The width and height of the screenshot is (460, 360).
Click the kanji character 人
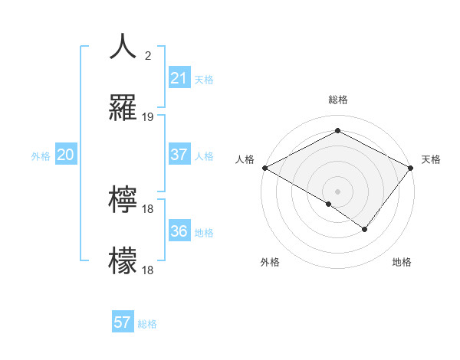(x=123, y=47)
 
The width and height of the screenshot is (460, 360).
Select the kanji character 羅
(x=123, y=109)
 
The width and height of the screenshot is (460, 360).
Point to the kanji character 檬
(x=123, y=261)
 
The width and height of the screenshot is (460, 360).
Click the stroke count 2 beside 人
(x=147, y=56)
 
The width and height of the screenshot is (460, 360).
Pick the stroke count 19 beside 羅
(x=148, y=117)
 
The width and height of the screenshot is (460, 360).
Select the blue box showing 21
(x=179, y=78)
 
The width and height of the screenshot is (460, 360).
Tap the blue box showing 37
(x=179, y=155)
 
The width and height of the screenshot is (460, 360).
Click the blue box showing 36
(x=179, y=231)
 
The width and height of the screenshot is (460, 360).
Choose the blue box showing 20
(x=65, y=155)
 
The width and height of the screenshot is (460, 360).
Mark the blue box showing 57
(x=123, y=322)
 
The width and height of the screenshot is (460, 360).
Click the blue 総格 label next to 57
(x=147, y=324)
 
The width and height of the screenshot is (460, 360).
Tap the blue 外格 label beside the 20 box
(x=41, y=156)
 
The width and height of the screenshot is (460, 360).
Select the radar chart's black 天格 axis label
(x=431, y=159)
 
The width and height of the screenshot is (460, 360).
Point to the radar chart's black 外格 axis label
(x=270, y=262)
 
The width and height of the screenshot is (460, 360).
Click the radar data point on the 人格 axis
(x=264, y=168)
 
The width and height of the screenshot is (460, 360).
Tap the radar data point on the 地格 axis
(x=365, y=228)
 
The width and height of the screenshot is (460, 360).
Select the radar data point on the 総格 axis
(x=337, y=131)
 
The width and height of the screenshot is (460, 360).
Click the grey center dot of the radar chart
(x=337, y=190)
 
